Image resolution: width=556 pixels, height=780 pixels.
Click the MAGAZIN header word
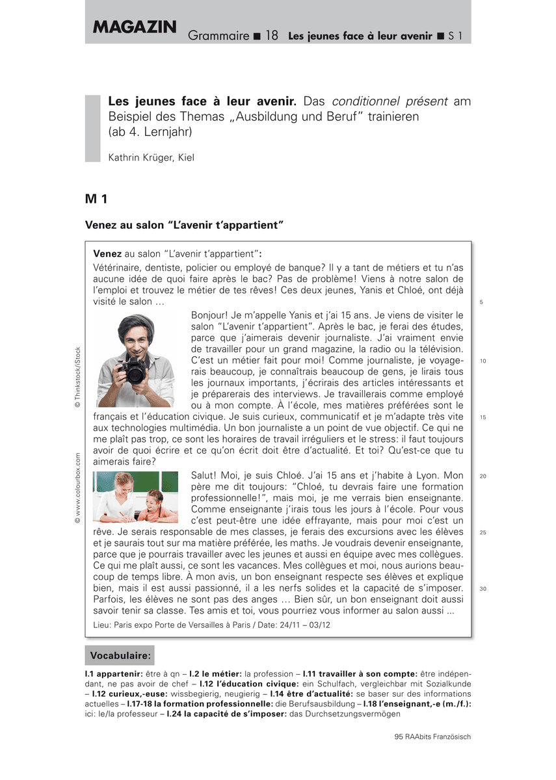click(x=135, y=27)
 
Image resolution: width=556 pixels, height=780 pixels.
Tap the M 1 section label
click(x=97, y=198)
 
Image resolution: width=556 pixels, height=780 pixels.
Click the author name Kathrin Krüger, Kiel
click(x=151, y=157)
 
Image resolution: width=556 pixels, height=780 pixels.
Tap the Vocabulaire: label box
click(x=120, y=655)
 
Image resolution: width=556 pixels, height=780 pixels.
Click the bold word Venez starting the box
click(x=107, y=253)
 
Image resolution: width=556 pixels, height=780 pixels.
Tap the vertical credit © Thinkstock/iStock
click(x=77, y=377)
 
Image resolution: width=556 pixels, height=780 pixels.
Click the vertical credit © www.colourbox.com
click(x=77, y=487)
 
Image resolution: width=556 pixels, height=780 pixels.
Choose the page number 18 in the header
click(x=272, y=36)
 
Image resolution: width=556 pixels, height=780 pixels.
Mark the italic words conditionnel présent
click(x=390, y=102)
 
